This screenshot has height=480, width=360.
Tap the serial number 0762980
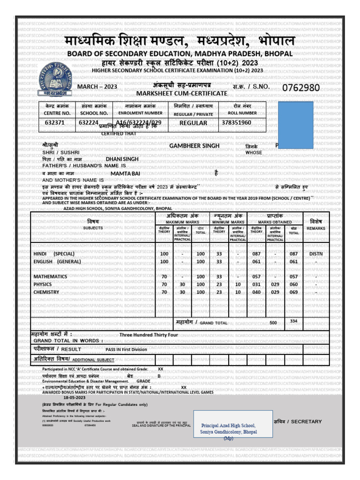pyautogui.click(x=300, y=88)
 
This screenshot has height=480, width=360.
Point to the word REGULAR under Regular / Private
pyautogui.click(x=193, y=123)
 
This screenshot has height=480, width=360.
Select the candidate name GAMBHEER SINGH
pyautogui.click(x=194, y=146)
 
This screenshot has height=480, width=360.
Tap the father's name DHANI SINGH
pyautogui.click(x=122, y=159)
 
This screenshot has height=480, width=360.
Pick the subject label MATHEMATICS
pyautogui.click(x=50, y=277)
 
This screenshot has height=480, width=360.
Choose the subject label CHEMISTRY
pyautogui.click(x=46, y=292)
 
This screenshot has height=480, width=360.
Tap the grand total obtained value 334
pyautogui.click(x=294, y=321)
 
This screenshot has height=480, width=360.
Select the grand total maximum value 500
pyautogui.click(x=273, y=323)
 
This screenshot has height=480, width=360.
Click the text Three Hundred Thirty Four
pyautogui.click(x=149, y=335)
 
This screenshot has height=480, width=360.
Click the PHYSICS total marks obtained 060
pyautogui.click(x=294, y=285)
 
